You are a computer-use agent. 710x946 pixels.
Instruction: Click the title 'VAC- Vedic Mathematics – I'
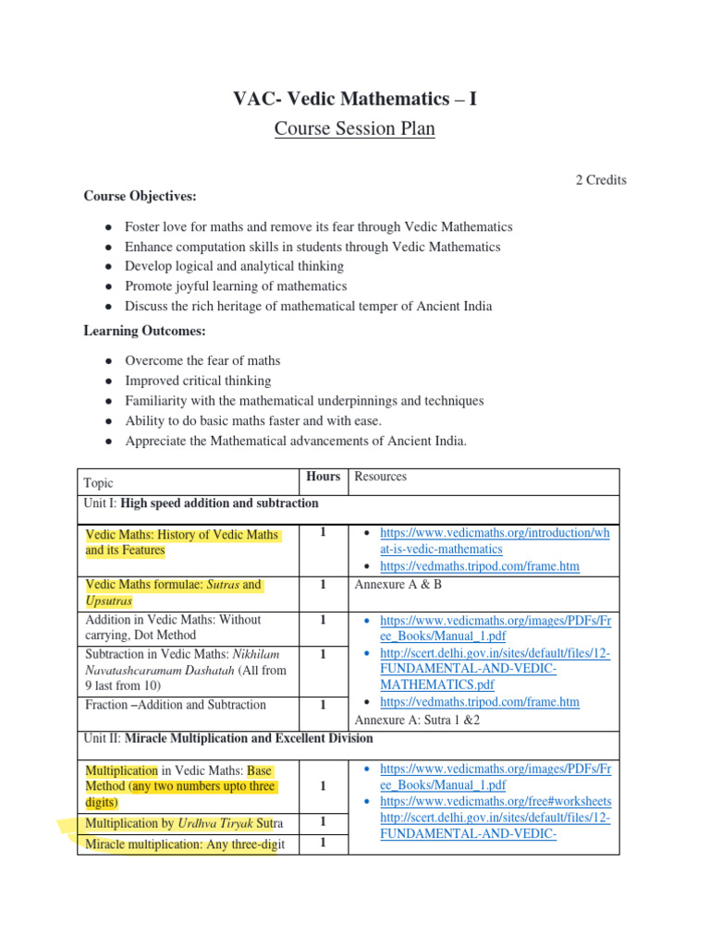pos(355,99)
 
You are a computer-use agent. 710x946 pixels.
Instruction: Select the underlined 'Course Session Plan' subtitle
pos(355,129)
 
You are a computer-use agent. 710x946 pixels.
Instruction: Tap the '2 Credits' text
pos(601,180)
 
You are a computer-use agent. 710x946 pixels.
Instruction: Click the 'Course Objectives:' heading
pos(140,196)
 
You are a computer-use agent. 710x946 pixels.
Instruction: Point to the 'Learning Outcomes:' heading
pos(145,331)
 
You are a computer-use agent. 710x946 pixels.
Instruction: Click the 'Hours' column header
pos(323,477)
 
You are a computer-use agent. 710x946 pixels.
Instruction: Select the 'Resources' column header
pos(381,477)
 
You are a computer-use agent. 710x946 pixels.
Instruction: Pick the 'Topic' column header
pos(99,483)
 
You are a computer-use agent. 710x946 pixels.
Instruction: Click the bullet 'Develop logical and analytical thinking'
pos(234,266)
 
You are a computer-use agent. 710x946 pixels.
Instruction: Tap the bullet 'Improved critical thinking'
pos(198,381)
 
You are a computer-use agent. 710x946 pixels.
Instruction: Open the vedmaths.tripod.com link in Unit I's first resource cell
pos(480,566)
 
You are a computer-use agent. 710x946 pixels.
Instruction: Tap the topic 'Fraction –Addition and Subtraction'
pos(175,705)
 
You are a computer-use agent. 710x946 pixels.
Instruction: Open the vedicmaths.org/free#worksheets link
pos(496,801)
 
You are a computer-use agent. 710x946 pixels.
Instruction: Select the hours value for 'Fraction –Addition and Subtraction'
pos(323,705)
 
